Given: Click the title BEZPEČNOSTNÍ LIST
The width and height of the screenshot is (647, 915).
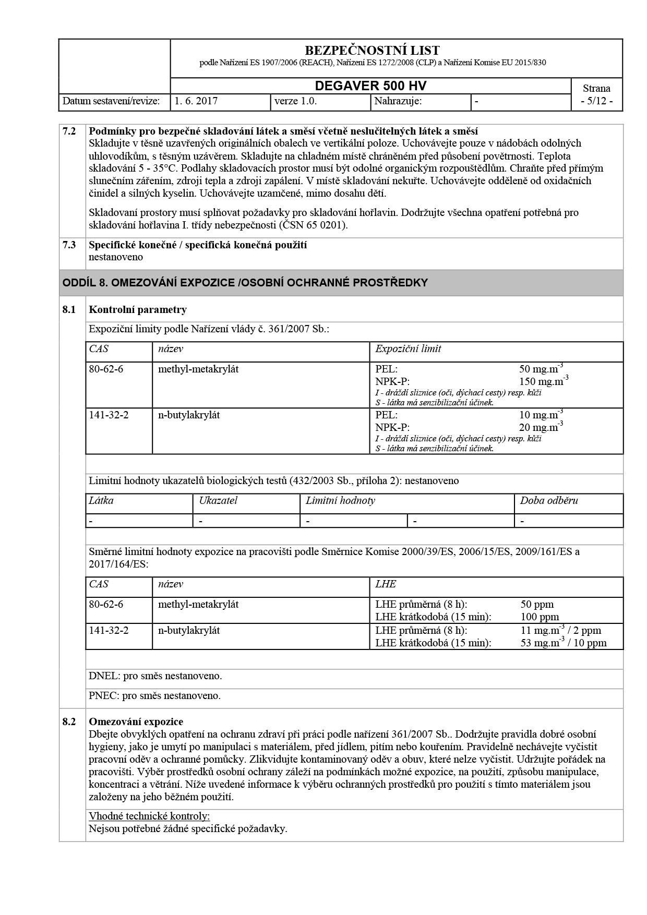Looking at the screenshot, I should pos(372,51).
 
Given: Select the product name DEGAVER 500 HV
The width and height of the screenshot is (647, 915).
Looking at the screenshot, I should pos(370,86).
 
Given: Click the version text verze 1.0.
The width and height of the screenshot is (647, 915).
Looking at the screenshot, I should pos(295,101).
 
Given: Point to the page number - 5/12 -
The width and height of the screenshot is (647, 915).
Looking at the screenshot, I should pos(596,101).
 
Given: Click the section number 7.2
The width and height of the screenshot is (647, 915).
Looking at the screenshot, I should pos(69,131).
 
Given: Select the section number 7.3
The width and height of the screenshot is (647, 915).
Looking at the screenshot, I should pos(69,245).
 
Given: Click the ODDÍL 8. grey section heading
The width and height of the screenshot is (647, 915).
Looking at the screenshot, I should pos(245,283).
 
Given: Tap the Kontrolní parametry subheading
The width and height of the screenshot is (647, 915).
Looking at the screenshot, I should pos(138,310).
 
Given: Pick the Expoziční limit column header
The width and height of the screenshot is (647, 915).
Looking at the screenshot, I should pos(408,349).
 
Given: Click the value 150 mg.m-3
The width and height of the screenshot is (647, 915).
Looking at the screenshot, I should pos(543,381).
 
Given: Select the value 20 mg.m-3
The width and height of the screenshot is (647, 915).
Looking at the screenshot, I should pos(541,427).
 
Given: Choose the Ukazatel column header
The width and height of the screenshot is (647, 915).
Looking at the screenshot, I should pos(218,501).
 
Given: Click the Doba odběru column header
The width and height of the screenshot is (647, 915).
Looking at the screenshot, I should pos(549,501).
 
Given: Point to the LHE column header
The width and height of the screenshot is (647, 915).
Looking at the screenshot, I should pos(386,584).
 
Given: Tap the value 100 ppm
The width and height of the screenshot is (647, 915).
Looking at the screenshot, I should pos(540,617).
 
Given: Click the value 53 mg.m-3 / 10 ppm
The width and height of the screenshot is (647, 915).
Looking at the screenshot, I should pos(564,643).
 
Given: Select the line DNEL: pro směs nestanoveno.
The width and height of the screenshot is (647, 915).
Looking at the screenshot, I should pos(155,676).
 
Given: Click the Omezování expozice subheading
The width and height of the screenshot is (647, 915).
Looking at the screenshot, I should pos(136,722).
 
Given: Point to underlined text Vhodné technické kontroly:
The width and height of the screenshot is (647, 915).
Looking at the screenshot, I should pos(149,816).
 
